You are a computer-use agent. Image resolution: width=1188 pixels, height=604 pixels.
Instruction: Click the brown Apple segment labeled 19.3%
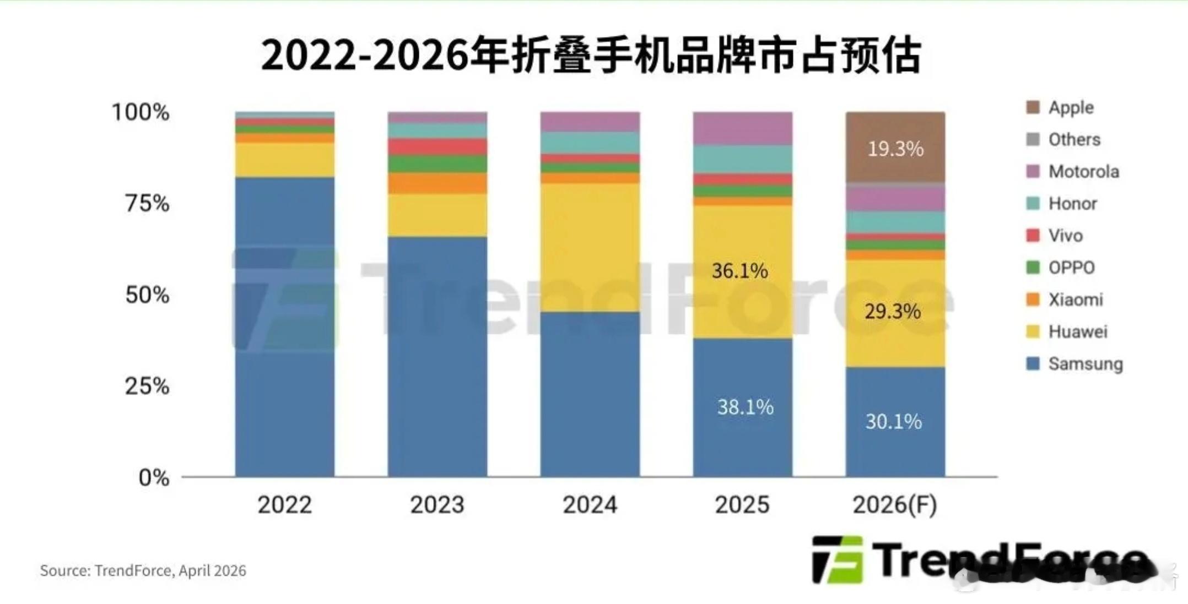[x=895, y=148]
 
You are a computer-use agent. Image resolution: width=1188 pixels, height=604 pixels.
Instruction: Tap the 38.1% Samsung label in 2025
[x=745, y=407]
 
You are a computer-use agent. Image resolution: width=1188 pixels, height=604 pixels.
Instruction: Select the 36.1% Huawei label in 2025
[x=739, y=270]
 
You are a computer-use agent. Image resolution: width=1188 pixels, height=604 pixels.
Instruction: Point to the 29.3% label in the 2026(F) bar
[x=892, y=312]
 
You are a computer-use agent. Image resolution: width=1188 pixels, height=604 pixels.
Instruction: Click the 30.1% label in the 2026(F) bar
[x=893, y=421]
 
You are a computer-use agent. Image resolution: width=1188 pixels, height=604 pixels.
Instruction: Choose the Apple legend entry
[x=1070, y=107]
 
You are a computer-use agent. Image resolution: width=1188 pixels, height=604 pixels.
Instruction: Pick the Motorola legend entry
[x=1083, y=171]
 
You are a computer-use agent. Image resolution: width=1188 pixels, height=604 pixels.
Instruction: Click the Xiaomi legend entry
[x=1075, y=300]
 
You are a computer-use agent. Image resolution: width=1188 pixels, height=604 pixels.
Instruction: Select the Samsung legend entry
[x=1084, y=363]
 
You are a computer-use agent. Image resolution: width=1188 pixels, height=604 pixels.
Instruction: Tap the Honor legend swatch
[x=1033, y=203]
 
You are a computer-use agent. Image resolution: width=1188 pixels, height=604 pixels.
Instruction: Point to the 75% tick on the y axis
[x=147, y=203]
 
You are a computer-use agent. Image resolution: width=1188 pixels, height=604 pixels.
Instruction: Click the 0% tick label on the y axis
[x=154, y=477]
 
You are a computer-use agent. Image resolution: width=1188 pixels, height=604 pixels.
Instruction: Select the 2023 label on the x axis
[x=437, y=504]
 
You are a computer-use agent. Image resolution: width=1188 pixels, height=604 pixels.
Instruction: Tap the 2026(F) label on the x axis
[x=895, y=504]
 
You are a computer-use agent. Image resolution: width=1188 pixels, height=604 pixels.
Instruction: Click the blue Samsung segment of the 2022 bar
[x=284, y=330]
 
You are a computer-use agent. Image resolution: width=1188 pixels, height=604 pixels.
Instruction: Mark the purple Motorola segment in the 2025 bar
[x=742, y=128]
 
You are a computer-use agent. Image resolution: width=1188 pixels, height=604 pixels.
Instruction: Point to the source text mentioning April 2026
[x=143, y=570]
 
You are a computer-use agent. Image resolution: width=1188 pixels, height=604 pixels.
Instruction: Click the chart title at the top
[x=591, y=55]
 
